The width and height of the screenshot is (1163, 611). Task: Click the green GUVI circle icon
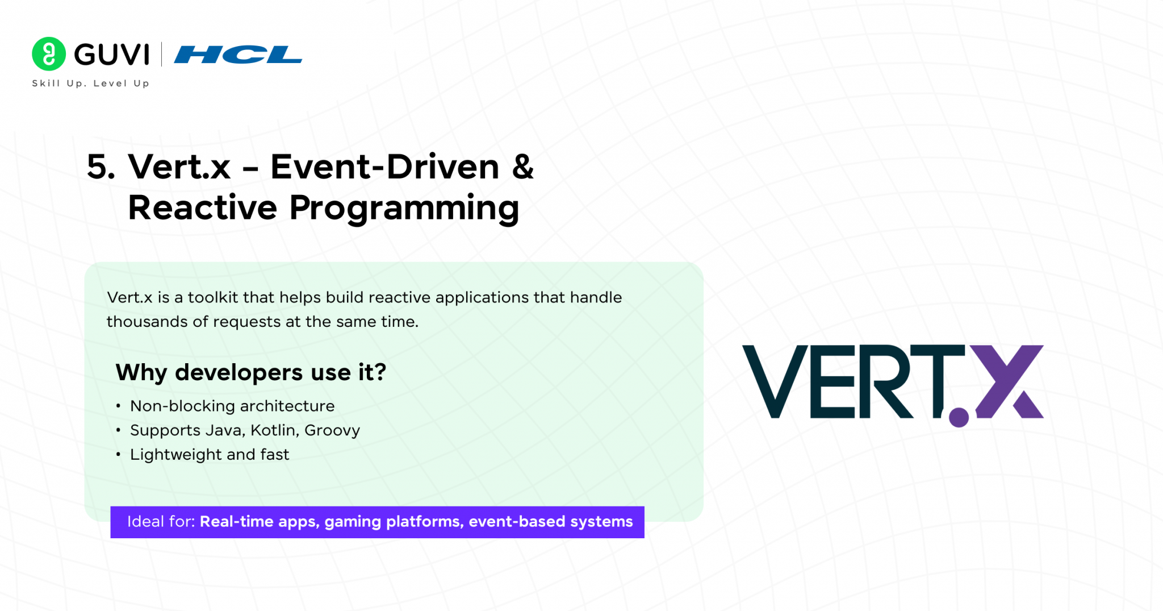click(x=49, y=54)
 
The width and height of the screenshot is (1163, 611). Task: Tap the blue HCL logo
click(x=238, y=55)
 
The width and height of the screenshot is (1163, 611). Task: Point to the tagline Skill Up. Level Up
click(x=91, y=84)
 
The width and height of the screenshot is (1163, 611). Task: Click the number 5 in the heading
click(x=101, y=167)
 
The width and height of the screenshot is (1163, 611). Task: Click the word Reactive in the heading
click(x=202, y=207)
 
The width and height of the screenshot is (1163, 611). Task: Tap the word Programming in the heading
click(x=404, y=209)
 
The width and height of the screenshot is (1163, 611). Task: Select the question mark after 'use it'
click(x=380, y=372)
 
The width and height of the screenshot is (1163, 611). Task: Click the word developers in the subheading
click(x=239, y=373)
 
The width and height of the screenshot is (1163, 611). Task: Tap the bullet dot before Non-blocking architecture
click(x=118, y=406)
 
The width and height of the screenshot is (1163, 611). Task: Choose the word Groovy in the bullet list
click(x=332, y=431)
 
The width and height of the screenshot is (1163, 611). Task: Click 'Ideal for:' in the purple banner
click(x=161, y=521)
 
